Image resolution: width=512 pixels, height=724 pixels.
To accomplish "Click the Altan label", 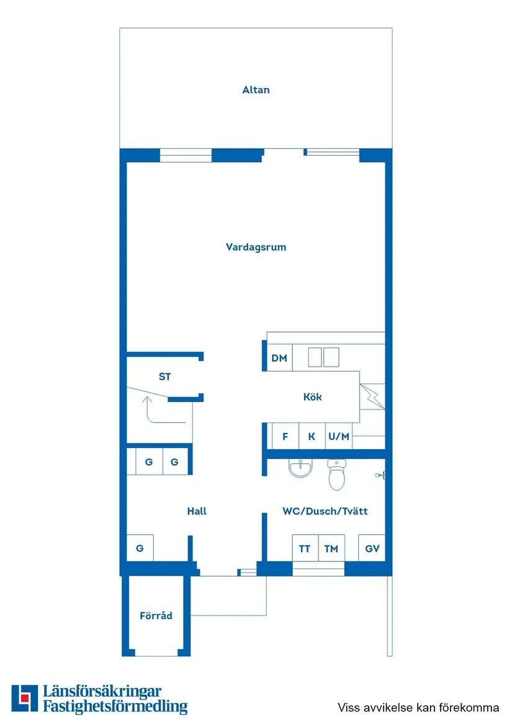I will (x=256, y=90).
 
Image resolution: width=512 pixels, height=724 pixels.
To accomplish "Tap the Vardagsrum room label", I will (x=256, y=247).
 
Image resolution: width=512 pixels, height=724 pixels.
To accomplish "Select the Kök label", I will (x=312, y=397).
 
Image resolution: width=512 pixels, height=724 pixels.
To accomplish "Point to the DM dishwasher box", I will (x=279, y=358).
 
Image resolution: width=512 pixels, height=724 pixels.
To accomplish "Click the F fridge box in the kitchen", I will (x=285, y=436).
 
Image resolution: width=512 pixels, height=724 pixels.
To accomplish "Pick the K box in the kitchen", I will (x=312, y=436).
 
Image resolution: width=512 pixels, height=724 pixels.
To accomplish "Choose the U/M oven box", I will (x=339, y=436).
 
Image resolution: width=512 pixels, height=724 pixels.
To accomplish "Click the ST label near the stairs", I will (x=164, y=377).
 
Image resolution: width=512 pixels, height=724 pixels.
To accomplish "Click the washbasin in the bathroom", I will (x=301, y=469).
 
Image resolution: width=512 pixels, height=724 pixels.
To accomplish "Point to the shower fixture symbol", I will (x=380, y=475).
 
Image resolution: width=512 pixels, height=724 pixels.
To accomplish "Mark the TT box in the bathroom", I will (x=305, y=548).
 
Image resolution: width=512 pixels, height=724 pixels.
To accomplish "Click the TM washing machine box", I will (x=331, y=548).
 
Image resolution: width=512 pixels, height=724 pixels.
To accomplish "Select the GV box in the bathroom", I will (x=372, y=548).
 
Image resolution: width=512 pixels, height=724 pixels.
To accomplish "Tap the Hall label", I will (x=197, y=511).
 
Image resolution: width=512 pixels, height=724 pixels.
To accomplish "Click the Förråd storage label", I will (x=156, y=616).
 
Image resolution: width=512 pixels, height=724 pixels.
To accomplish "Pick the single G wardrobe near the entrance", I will (x=140, y=548).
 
